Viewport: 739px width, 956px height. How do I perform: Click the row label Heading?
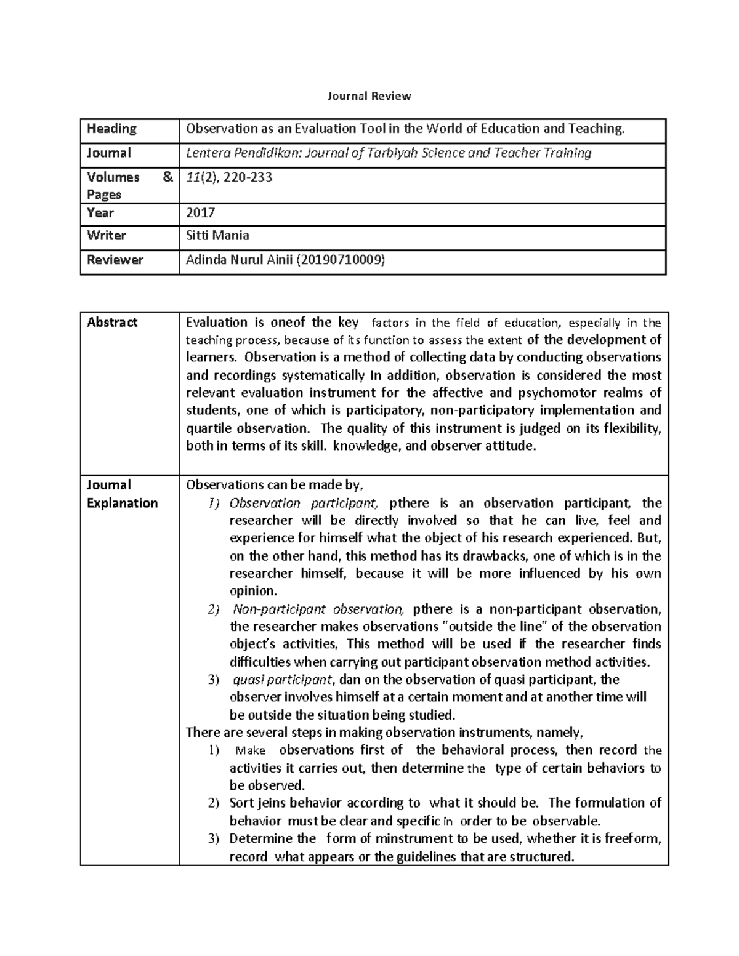(x=111, y=129)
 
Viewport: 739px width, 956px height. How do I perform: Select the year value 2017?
(x=200, y=213)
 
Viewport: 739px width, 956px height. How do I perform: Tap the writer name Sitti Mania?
(x=217, y=236)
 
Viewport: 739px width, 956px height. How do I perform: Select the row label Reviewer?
(x=115, y=260)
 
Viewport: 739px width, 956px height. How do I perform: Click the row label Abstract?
(x=112, y=323)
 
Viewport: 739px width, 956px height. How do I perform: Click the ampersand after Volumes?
(x=167, y=177)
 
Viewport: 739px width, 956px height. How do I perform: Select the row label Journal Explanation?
(x=122, y=494)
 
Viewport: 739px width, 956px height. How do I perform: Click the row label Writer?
(x=107, y=236)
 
